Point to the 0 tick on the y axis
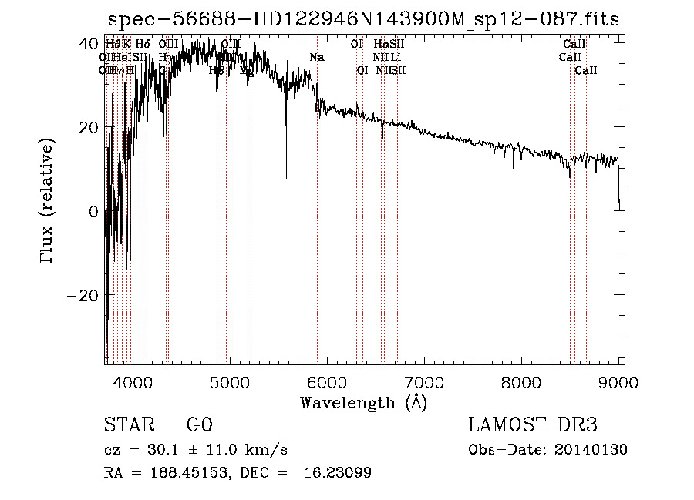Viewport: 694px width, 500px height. point(93,212)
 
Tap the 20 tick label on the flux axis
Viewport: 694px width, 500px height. point(87,127)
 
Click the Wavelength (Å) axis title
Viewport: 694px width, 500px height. point(363,402)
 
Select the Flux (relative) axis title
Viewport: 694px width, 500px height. point(49,203)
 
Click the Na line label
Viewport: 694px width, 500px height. point(317,58)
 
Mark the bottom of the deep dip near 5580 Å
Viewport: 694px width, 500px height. point(286,178)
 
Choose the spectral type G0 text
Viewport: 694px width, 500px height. point(199,425)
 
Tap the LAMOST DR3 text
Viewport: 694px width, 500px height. point(533,425)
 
